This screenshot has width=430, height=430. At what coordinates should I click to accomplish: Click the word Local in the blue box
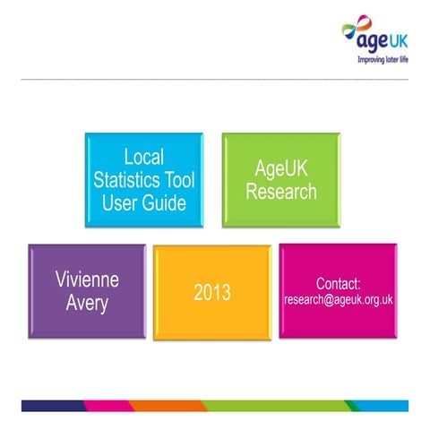point(143,157)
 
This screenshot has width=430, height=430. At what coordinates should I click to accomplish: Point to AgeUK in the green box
point(281,168)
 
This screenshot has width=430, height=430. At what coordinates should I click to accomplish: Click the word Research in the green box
point(281,191)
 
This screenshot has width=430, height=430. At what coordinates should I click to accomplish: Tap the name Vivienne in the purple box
point(86,279)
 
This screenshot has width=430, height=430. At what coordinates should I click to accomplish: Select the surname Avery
point(86,302)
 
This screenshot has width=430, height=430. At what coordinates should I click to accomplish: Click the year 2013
point(212,292)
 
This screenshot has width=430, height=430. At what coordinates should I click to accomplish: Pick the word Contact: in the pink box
point(338,283)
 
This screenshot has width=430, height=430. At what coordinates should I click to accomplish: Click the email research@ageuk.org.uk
point(338,300)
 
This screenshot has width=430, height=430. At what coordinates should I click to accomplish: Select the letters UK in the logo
point(395,41)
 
